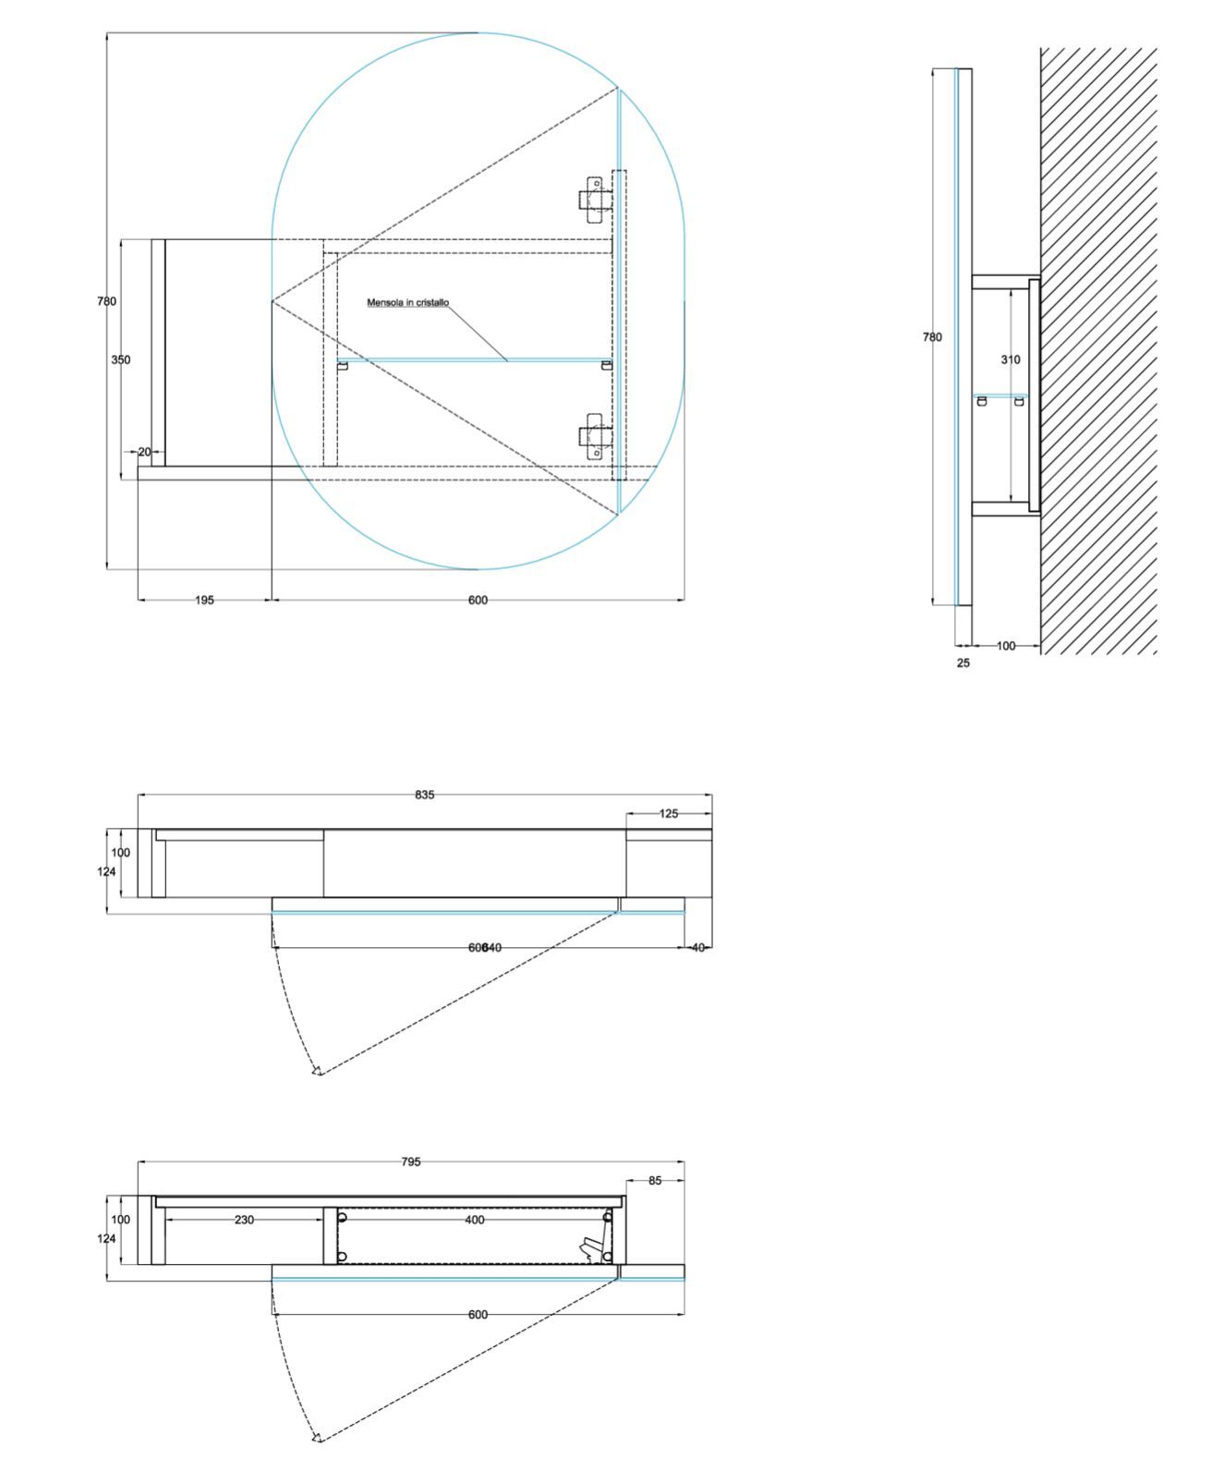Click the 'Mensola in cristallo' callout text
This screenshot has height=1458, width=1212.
click(x=407, y=302)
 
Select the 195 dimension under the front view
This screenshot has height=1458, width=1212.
click(x=204, y=601)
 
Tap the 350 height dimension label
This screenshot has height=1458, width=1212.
click(x=121, y=360)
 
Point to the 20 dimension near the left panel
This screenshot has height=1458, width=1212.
click(x=144, y=452)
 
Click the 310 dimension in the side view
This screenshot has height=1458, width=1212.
click(x=1011, y=359)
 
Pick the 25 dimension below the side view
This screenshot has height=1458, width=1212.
click(x=964, y=663)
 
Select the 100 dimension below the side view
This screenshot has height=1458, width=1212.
click(x=1005, y=646)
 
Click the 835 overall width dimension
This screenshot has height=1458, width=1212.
click(x=424, y=795)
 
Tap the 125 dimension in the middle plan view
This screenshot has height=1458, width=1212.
click(x=669, y=814)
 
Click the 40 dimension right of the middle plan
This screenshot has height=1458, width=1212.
click(x=697, y=947)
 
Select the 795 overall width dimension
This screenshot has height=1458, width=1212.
click(x=411, y=1161)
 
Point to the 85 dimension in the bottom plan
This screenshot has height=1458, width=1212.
click(x=655, y=1181)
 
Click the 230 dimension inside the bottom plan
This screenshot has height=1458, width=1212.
click(x=244, y=1220)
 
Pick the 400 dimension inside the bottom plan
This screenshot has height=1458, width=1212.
click(x=474, y=1220)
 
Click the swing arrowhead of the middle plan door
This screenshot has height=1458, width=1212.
click(x=317, y=1070)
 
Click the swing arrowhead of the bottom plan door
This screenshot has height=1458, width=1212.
click(x=317, y=1437)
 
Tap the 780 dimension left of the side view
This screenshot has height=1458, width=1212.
click(x=932, y=337)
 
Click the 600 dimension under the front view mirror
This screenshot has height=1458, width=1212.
click(x=478, y=601)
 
